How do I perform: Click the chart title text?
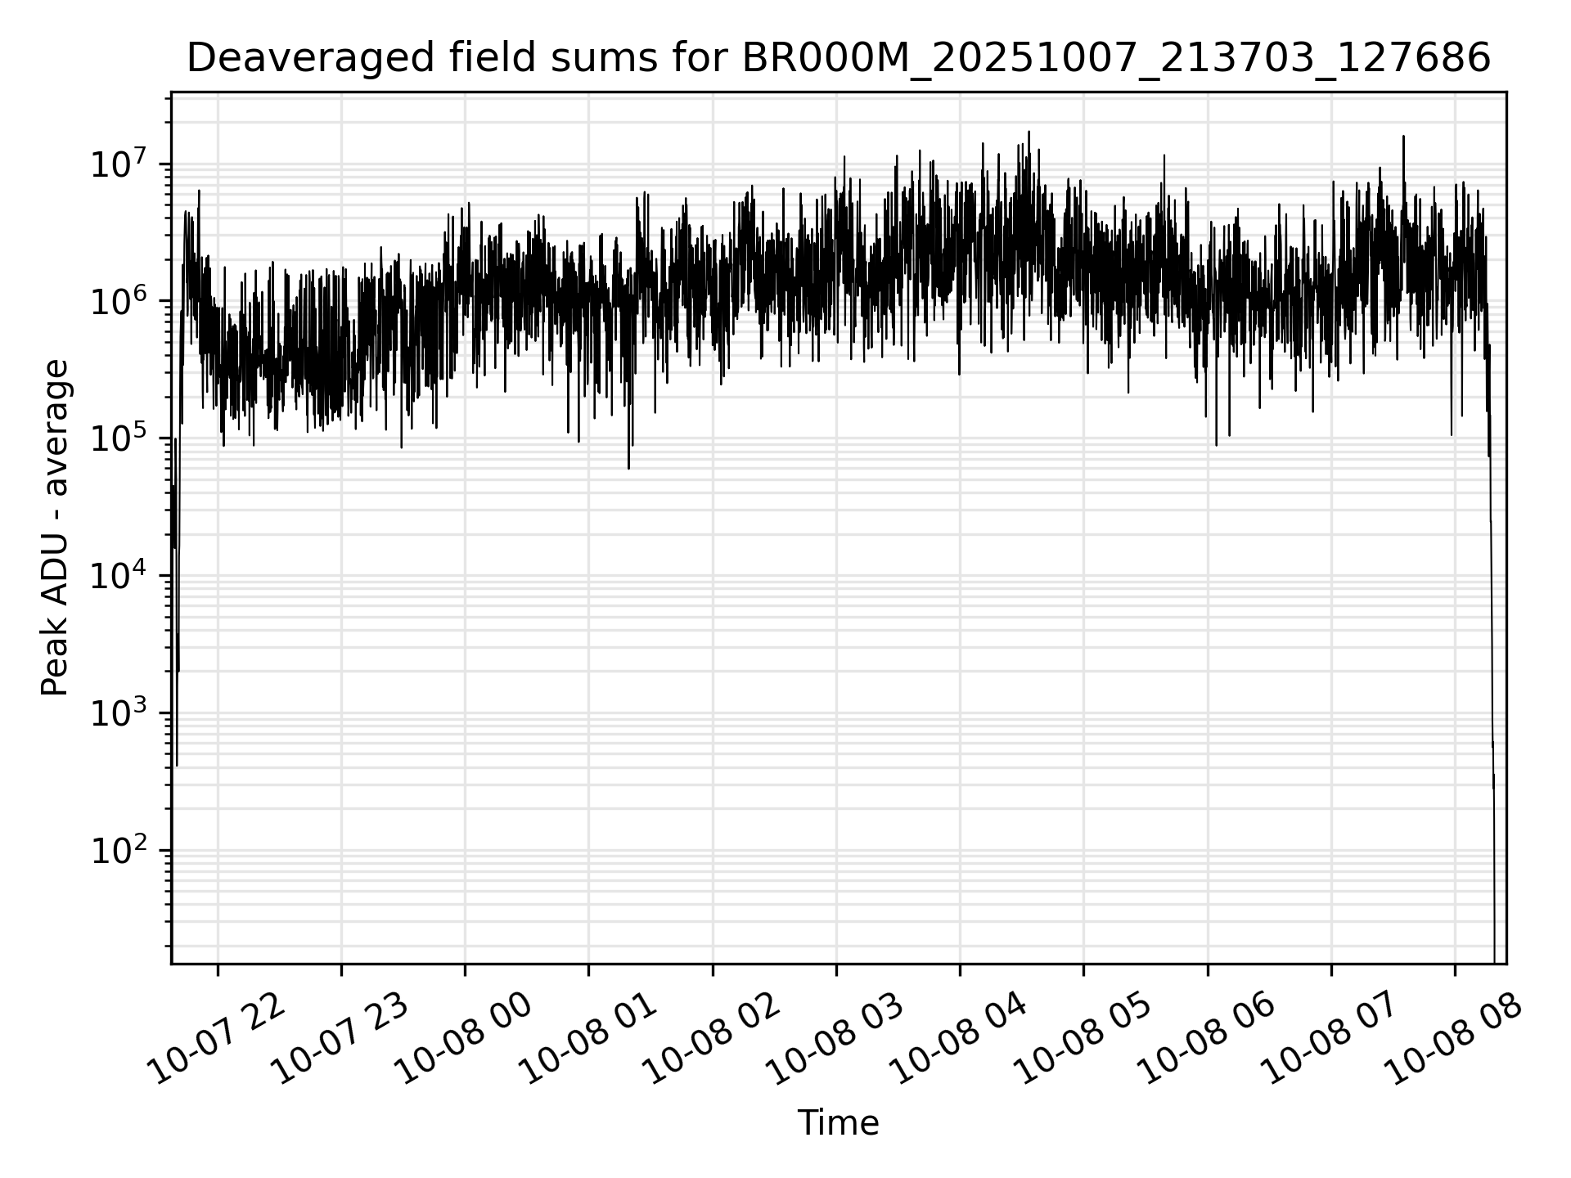(x=838, y=58)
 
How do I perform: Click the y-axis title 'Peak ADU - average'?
(x=55, y=528)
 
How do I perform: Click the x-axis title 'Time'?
(x=838, y=1123)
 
